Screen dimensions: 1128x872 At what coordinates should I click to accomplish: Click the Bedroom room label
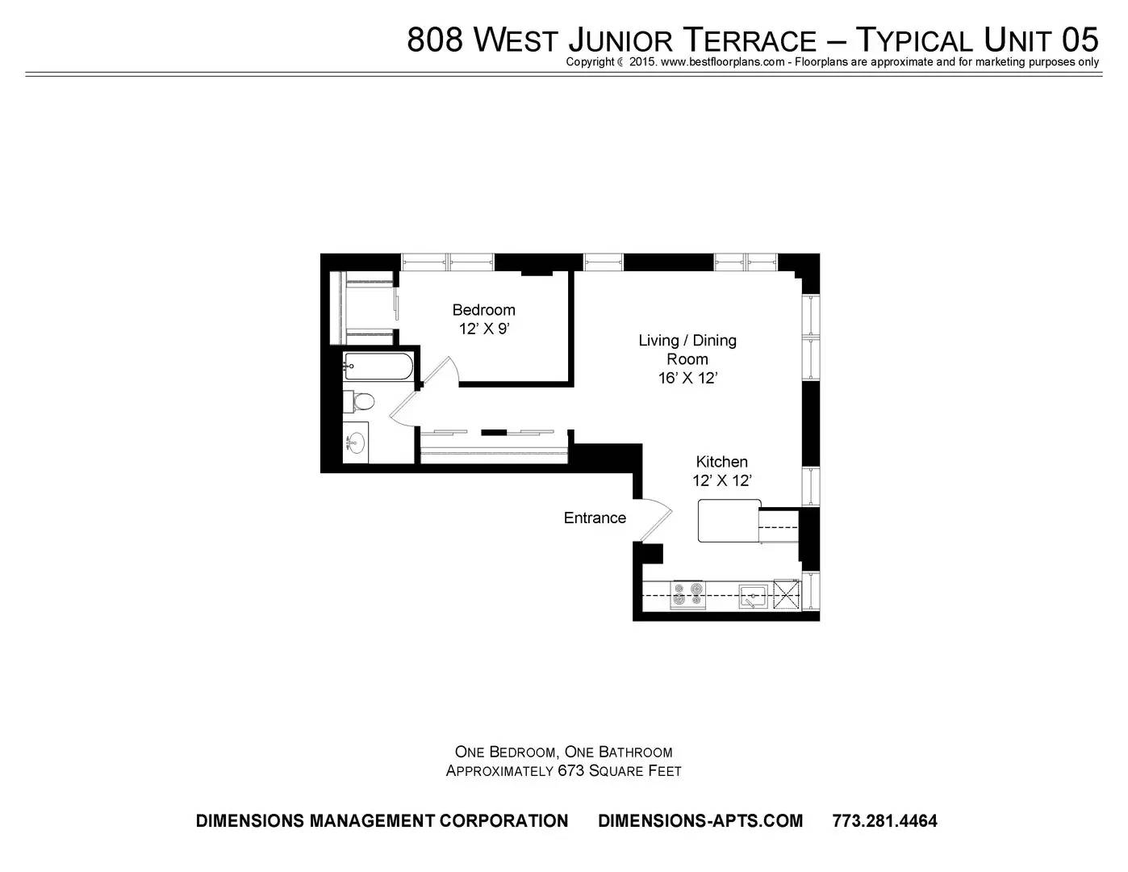483,310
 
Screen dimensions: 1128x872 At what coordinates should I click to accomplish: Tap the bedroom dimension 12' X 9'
484,329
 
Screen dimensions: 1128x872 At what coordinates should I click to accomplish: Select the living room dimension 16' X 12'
687,378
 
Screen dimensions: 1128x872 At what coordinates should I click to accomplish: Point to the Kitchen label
721,462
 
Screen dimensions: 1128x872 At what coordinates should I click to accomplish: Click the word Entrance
595,518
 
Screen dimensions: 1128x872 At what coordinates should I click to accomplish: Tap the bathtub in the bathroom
378,367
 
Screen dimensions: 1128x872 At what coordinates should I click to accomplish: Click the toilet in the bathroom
359,401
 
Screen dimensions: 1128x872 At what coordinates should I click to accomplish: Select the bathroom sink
356,443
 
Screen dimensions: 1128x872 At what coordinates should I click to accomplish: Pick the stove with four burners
687,595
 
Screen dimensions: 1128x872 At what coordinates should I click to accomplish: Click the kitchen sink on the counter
754,596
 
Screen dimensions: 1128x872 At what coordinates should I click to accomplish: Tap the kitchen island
729,521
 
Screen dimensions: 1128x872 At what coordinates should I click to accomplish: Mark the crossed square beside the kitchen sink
787,595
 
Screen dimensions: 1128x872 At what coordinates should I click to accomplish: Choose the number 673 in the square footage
571,771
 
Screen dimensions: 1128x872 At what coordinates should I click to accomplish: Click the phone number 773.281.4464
884,820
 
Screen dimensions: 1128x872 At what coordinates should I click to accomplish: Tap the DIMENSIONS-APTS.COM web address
700,820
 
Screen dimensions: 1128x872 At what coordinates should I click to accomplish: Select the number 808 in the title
434,40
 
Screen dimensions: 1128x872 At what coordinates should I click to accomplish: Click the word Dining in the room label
714,342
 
